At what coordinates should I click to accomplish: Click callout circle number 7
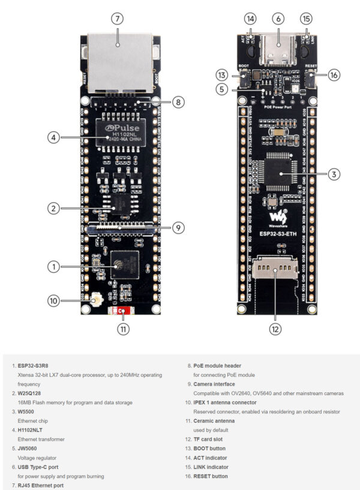(117, 19)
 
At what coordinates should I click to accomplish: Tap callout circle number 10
(54, 301)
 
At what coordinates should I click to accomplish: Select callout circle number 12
(275, 328)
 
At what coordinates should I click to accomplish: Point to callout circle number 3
(334, 175)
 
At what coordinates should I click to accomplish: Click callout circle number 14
(250, 19)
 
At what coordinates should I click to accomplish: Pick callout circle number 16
(334, 75)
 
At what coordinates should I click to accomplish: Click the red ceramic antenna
(122, 311)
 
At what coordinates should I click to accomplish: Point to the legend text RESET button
(211, 476)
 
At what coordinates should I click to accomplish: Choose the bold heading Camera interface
(214, 384)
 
